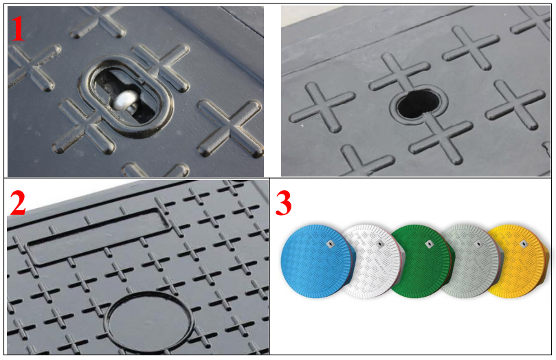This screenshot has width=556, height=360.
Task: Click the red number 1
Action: (18, 29)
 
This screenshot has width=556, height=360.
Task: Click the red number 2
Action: (17, 203)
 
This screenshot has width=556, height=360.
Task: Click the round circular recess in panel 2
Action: (149, 322)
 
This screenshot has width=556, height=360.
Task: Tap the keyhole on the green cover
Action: (429, 243)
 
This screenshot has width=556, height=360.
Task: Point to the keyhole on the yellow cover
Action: (524, 244)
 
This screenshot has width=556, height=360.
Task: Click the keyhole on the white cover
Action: (380, 243)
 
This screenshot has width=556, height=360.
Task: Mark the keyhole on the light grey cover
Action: (478, 243)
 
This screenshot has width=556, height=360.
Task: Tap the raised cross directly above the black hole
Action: (399, 73)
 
